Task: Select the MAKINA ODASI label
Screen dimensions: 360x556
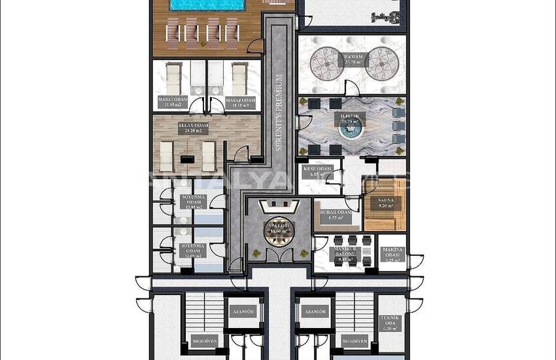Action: pyautogui.click(x=393, y=253)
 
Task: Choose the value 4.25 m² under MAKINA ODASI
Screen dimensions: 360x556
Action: pyautogui.click(x=393, y=259)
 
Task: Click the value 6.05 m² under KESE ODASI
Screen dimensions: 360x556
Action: pyautogui.click(x=318, y=175)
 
